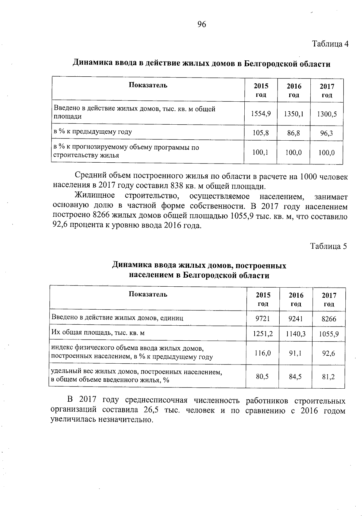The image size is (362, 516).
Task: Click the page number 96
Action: [202, 24]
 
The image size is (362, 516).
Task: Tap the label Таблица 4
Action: [330, 44]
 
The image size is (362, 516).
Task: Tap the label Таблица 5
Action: [329, 246]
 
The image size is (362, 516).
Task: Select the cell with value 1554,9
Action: [261, 114]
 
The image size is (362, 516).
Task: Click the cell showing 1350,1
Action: [294, 114]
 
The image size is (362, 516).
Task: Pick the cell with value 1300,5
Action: [327, 114]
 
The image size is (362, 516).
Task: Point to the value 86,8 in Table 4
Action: [294, 133]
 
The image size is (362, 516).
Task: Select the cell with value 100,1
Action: [260, 153]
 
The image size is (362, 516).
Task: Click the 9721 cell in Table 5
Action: [262, 319]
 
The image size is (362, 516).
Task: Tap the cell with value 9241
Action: [296, 319]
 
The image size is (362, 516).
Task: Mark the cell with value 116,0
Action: [263, 353]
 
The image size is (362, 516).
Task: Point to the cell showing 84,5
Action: [295, 376]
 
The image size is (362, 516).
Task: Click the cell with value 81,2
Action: [329, 376]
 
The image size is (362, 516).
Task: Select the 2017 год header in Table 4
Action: [327, 91]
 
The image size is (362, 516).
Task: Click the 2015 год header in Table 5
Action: [263, 299]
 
